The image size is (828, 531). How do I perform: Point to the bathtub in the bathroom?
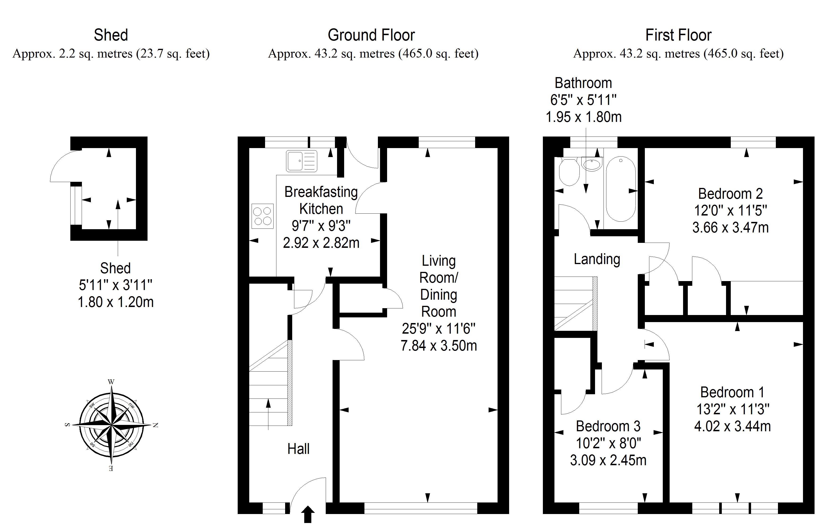coord(621,189)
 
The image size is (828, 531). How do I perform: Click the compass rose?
coord(111,425)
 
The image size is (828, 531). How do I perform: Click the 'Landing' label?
coord(597,259)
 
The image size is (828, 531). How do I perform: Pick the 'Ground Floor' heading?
coord(371,35)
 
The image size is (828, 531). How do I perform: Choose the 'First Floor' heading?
coord(678,35)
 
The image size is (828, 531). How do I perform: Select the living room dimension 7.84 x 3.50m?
coord(439,345)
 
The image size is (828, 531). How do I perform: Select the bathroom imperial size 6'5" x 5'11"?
coord(583,100)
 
